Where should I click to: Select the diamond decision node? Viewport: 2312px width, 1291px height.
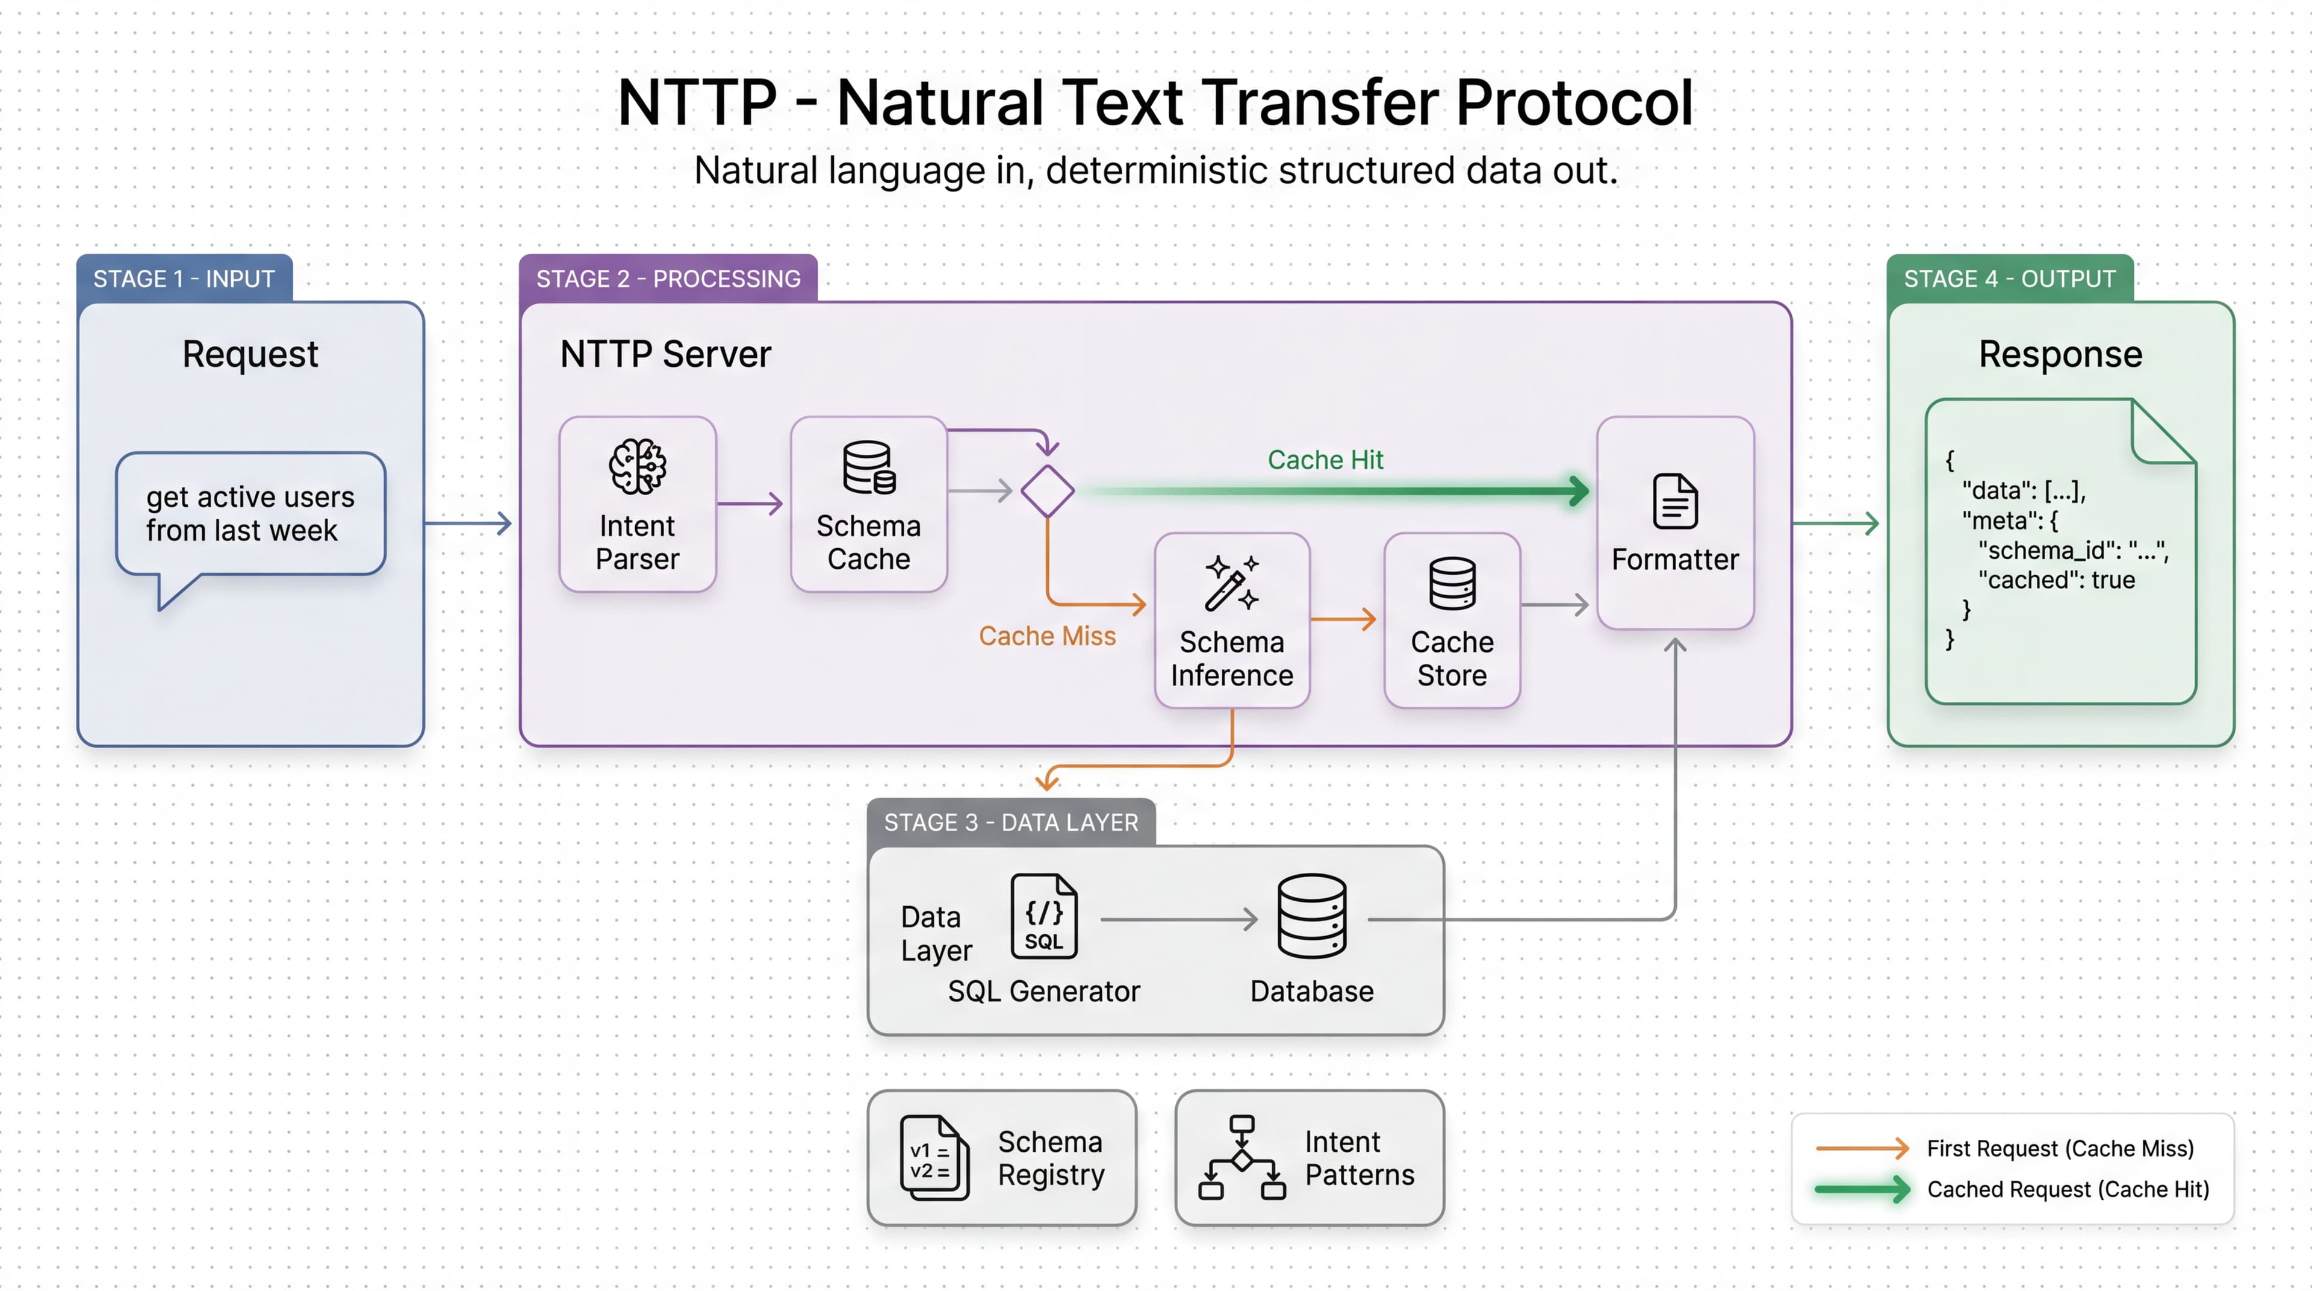point(1048,491)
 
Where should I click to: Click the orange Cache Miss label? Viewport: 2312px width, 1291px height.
point(1046,636)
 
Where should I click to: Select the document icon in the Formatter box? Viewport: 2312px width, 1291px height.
point(1675,501)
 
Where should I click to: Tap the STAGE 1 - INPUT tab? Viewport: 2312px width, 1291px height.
point(184,279)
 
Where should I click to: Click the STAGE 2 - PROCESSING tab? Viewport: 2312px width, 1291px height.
point(668,279)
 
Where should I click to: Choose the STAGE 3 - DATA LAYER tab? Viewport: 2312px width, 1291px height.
point(1011,822)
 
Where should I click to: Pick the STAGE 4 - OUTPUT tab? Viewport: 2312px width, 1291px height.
point(2010,279)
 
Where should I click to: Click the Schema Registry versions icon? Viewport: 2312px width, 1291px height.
point(933,1158)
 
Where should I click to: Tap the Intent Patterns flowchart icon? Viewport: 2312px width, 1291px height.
point(1241,1158)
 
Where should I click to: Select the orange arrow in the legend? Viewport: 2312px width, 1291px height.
point(1862,1148)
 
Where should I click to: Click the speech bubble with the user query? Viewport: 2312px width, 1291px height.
point(250,513)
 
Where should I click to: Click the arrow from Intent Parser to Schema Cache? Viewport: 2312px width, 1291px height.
point(750,504)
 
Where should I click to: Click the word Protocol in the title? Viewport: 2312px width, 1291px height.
point(1573,102)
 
